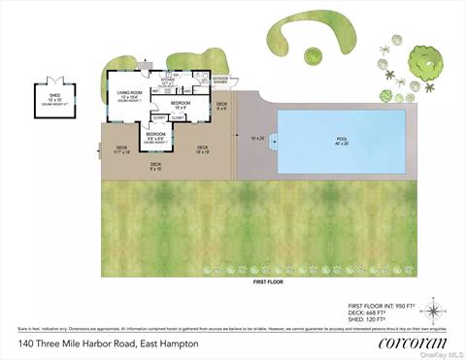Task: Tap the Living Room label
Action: tap(129, 95)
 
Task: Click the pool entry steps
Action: tap(273, 143)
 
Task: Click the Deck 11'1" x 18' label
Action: tap(121, 150)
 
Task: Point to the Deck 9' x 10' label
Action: tap(155, 166)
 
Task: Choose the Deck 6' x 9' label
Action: tap(221, 105)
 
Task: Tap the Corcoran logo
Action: tap(396, 343)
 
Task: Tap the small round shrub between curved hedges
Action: tap(315, 54)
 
